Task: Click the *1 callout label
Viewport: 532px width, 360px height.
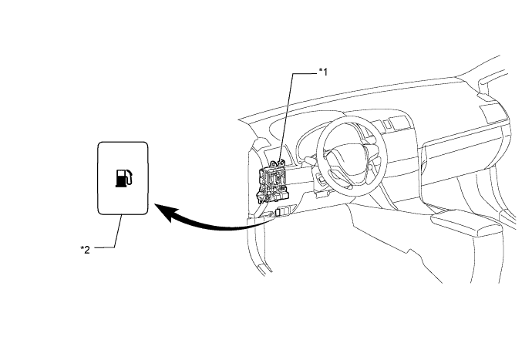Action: (323, 72)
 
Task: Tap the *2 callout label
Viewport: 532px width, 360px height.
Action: (85, 250)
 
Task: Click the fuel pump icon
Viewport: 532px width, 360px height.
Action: (124, 178)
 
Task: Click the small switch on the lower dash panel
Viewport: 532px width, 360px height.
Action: (282, 212)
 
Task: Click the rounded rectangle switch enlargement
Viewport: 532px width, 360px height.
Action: (123, 179)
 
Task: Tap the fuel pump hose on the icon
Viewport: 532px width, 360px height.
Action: (130, 177)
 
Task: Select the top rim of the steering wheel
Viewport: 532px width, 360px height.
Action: (353, 121)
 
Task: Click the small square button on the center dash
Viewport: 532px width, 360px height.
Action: (396, 122)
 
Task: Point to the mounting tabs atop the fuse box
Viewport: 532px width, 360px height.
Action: (276, 163)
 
